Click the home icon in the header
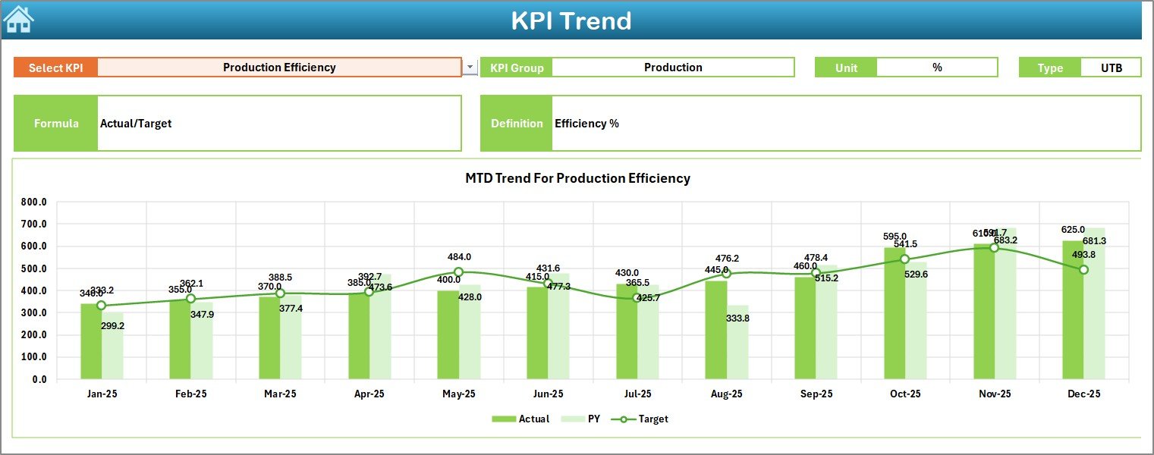[18, 19]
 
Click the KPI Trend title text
[571, 20]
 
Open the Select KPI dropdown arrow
[470, 67]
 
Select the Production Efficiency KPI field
[279, 67]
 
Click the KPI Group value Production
[673, 67]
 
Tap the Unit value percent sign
[937, 67]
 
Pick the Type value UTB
[1112, 68]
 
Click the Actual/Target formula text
[136, 124]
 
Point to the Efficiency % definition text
[586, 124]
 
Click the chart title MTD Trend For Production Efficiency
[577, 178]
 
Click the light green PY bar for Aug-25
[737, 342]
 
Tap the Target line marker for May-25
[458, 271]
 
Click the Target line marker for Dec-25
[1083, 269]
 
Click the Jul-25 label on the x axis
[637, 394]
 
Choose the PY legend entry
[583, 419]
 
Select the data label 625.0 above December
[1073, 230]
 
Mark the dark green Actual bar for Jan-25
[91, 341]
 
